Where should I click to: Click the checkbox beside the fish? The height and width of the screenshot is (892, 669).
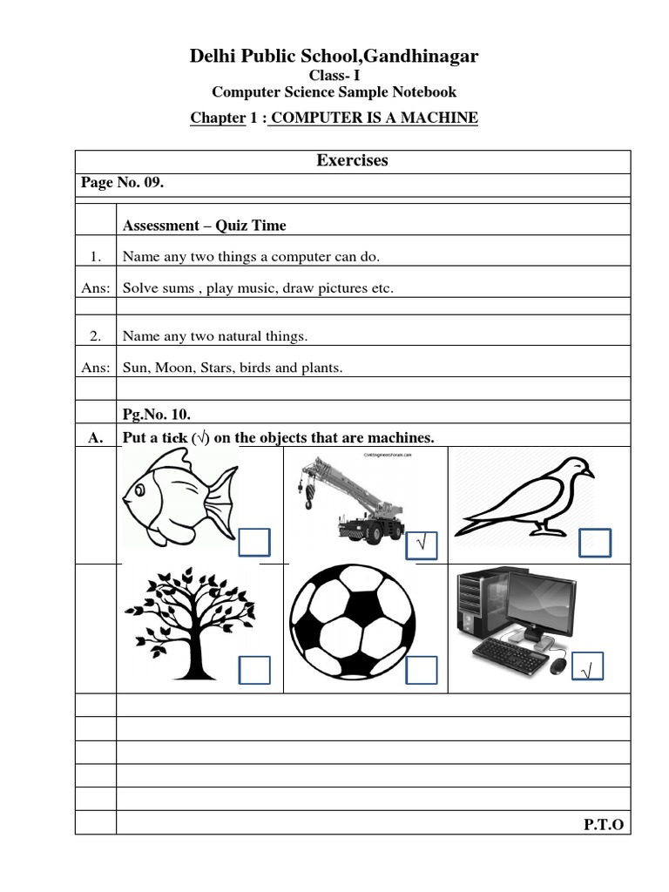point(254,542)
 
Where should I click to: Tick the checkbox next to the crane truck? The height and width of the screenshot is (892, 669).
point(422,545)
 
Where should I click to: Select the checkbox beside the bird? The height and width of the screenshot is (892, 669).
point(595,543)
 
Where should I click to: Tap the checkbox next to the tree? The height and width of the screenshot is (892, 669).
point(254,670)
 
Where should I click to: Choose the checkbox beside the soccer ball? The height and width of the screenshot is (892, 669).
point(422,670)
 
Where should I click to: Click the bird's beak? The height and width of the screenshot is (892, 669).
point(588,474)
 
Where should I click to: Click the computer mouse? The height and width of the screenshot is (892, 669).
point(558,666)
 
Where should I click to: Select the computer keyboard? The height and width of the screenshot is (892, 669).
point(509,652)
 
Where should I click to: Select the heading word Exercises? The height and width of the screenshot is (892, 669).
point(352,160)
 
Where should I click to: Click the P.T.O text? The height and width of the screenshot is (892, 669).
point(604,824)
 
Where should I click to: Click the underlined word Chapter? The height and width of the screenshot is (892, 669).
point(218,118)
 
